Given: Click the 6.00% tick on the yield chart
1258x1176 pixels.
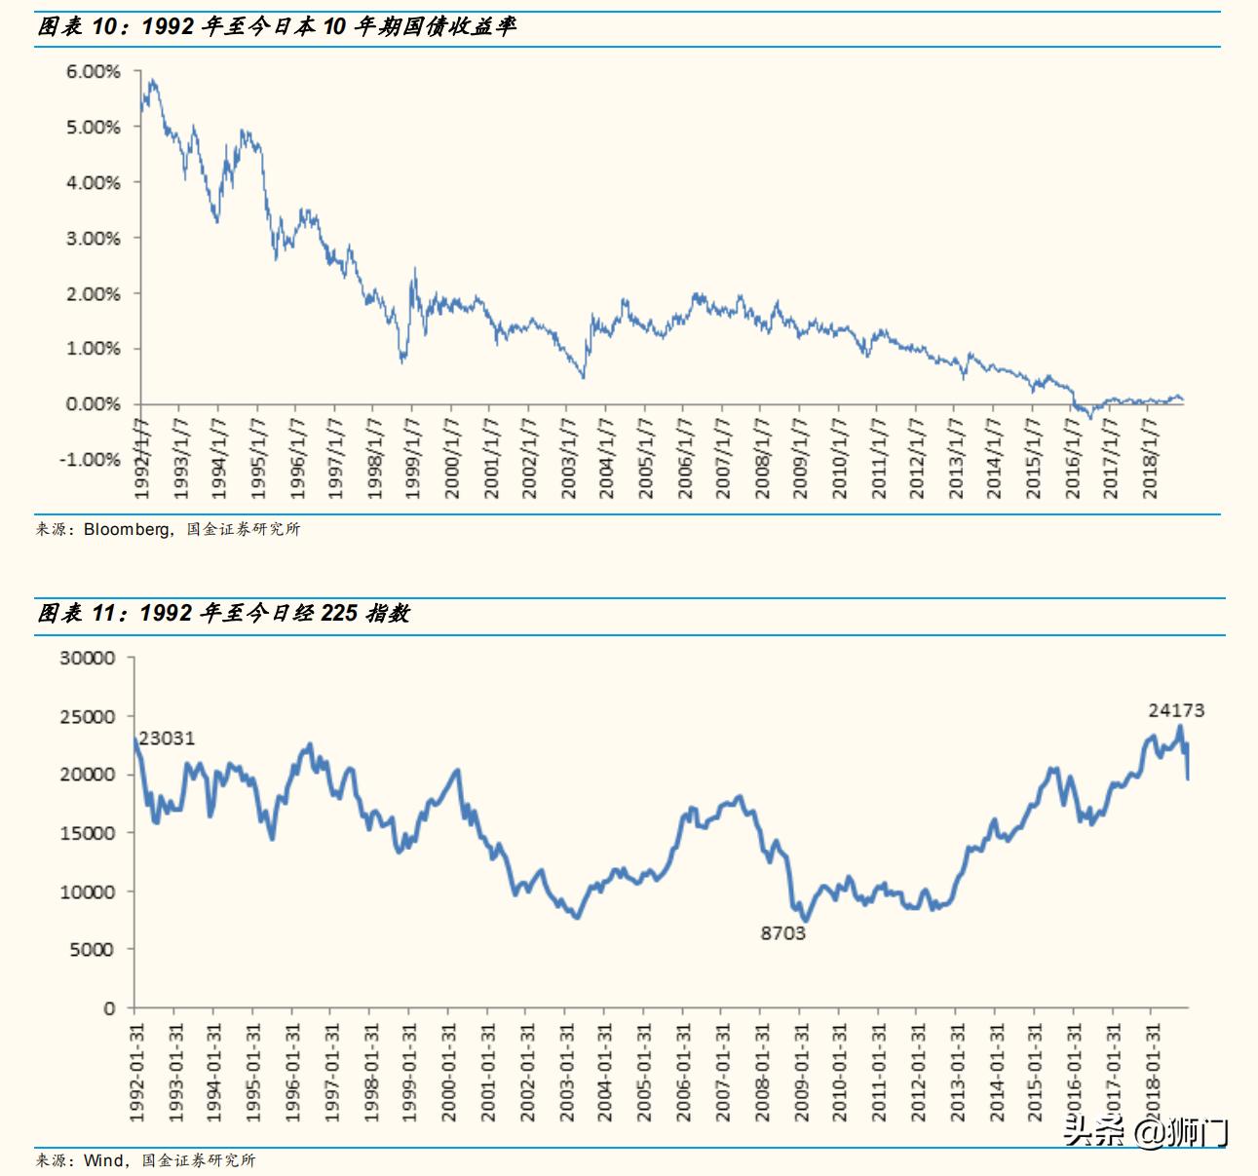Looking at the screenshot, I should coord(94,72).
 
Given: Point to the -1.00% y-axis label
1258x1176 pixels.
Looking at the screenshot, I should coord(90,460).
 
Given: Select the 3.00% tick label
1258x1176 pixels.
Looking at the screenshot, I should coord(94,239).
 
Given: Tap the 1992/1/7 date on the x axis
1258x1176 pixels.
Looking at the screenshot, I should coord(142,459).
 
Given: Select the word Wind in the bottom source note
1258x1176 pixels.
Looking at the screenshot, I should coord(103,1160).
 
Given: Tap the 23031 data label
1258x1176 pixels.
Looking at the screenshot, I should coord(167,739).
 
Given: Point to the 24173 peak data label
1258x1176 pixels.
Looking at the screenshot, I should coord(1176,710).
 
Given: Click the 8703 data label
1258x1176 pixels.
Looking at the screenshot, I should coord(783,933).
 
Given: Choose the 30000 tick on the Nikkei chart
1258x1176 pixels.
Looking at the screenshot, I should coord(88,659).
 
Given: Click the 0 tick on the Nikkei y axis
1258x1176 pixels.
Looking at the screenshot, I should coord(110,1008).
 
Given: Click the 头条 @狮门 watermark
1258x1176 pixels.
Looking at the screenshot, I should coord(1146,1132).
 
